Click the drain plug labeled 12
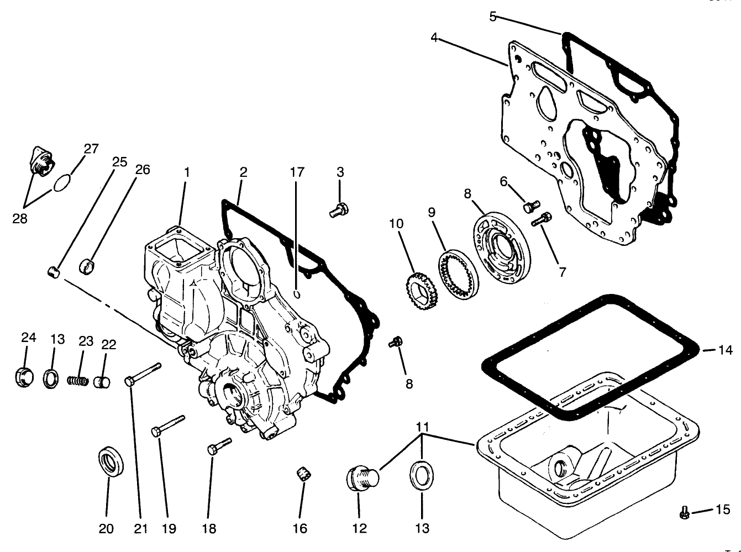pyautogui.click(x=362, y=477)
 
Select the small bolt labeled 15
pyautogui.click(x=684, y=513)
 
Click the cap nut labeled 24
pyautogui.click(x=24, y=377)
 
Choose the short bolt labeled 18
pyautogui.click(x=219, y=445)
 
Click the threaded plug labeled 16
pyautogui.click(x=303, y=474)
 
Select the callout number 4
pyautogui.click(x=434, y=38)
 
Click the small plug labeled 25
pyautogui.click(x=53, y=271)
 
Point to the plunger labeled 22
pyautogui.click(x=102, y=382)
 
